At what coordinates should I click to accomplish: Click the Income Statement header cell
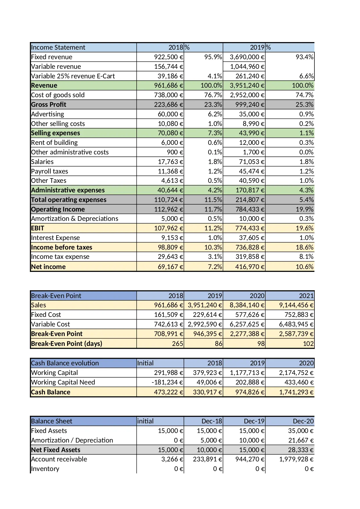[58, 47]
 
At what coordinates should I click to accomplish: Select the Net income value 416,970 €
[249, 267]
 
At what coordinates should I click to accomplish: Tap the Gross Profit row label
[48, 104]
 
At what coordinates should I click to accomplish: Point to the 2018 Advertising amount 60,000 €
[170, 114]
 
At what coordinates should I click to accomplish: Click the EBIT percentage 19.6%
[304, 228]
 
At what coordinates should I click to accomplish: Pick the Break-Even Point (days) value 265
[177, 344]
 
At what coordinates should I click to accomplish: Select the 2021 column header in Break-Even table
[306, 296]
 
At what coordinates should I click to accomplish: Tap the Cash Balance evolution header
[65, 363]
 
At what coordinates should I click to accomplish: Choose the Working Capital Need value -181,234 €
[167, 382]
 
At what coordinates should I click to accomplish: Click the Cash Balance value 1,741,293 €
[296, 392]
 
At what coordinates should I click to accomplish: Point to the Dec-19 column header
[254, 421]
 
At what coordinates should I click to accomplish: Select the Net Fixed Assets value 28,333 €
[301, 450]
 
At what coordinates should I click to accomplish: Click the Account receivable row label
[59, 459]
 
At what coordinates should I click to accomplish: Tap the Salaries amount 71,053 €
[252, 162]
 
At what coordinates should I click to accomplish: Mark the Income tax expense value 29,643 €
[170, 257]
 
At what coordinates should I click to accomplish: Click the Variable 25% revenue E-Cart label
[73, 76]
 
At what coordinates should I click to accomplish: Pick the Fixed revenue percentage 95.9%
[213, 57]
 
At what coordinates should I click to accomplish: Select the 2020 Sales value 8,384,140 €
[247, 305]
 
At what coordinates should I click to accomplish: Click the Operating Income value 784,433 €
[249, 209]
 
